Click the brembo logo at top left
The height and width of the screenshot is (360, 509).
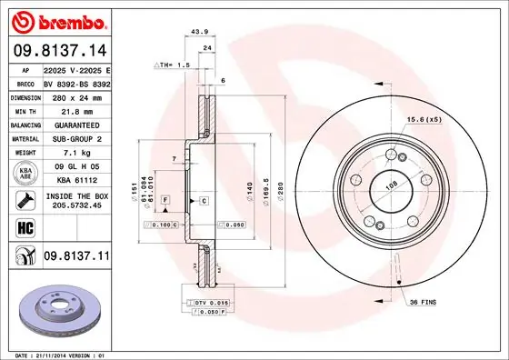(x=56, y=20)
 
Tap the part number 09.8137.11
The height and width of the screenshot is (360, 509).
(x=75, y=257)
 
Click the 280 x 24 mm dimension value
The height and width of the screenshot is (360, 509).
(x=75, y=96)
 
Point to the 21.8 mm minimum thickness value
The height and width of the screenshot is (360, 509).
(x=75, y=110)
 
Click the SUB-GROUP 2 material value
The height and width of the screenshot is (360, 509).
(x=75, y=138)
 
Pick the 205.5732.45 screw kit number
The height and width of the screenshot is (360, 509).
(x=75, y=205)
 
